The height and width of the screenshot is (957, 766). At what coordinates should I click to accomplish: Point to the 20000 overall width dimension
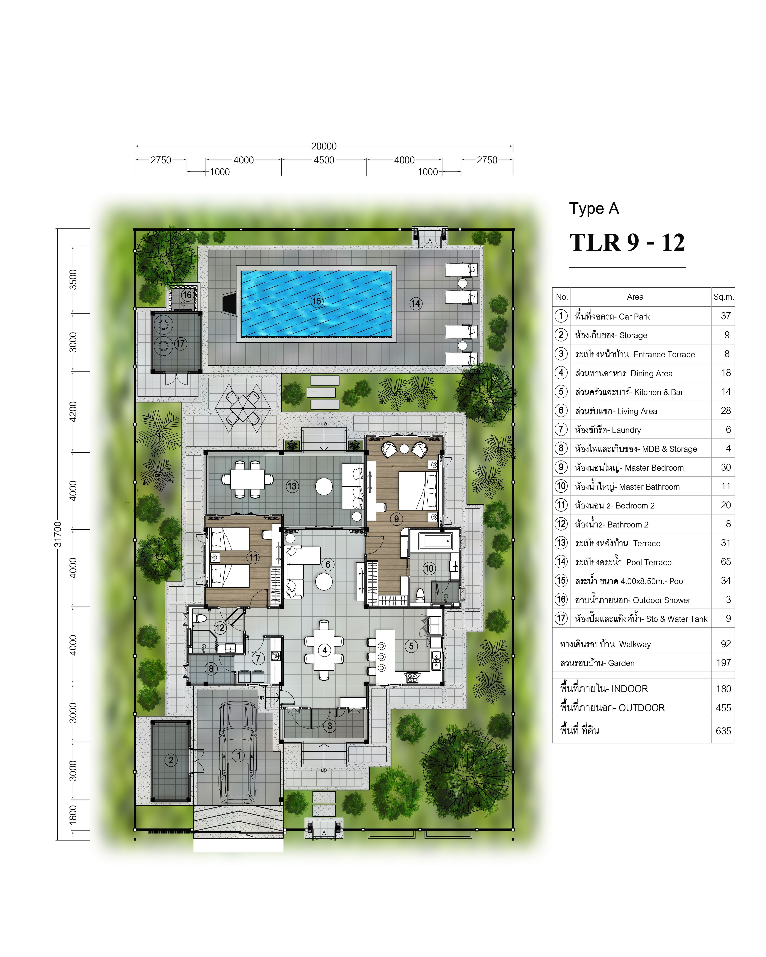point(324,146)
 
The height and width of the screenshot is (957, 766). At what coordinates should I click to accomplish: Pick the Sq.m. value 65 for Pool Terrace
point(726,562)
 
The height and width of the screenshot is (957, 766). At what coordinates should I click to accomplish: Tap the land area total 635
point(723,731)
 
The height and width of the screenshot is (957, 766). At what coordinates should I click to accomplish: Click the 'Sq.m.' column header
point(723,297)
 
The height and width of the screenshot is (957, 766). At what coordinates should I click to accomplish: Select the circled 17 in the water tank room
point(180,344)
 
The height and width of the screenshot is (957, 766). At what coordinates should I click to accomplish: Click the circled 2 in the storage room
point(171,760)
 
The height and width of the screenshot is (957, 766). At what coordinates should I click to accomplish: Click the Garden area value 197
point(723,663)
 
